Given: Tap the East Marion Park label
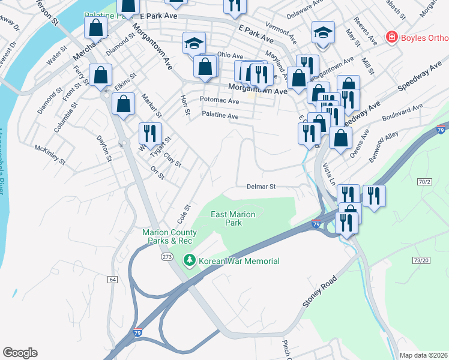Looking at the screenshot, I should click(x=233, y=218).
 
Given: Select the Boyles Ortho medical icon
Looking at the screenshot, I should click(x=391, y=37).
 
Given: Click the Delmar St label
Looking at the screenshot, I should click(x=261, y=187).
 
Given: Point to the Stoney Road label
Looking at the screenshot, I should click(x=325, y=292).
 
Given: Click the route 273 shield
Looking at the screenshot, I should click(x=167, y=257).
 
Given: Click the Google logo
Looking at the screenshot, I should click(x=20, y=353).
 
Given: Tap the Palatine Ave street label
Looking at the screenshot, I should click(x=220, y=114).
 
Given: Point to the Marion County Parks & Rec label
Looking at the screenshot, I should click(x=168, y=236).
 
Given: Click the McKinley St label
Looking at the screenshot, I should click(x=49, y=154).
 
